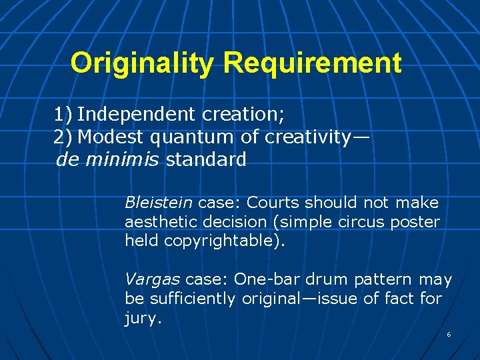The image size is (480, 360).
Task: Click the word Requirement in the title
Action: click(x=313, y=63)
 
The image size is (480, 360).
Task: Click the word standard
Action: click(x=206, y=160)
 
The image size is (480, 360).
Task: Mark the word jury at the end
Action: click(x=142, y=318)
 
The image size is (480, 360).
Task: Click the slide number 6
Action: click(x=449, y=334)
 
